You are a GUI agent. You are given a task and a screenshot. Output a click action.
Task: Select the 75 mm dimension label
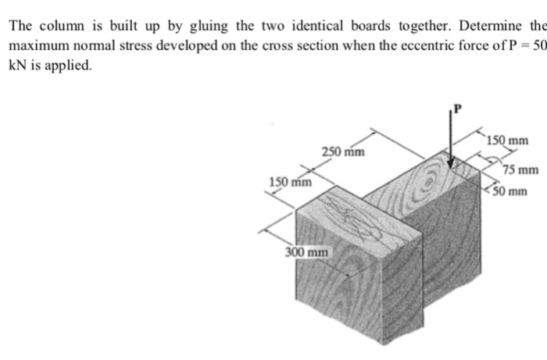[520, 170]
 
